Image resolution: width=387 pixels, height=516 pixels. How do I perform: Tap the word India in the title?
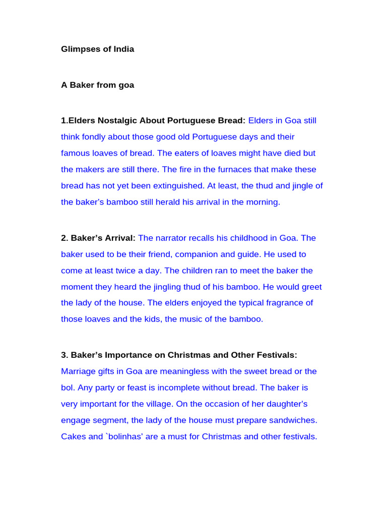122,49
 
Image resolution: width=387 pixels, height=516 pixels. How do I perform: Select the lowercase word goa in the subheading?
126,85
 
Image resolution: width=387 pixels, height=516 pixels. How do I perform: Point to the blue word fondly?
97,137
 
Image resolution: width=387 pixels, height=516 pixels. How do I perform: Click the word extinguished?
179,186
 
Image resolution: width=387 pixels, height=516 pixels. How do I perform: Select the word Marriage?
79,371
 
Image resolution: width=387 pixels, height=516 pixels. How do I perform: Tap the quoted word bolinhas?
126,436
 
